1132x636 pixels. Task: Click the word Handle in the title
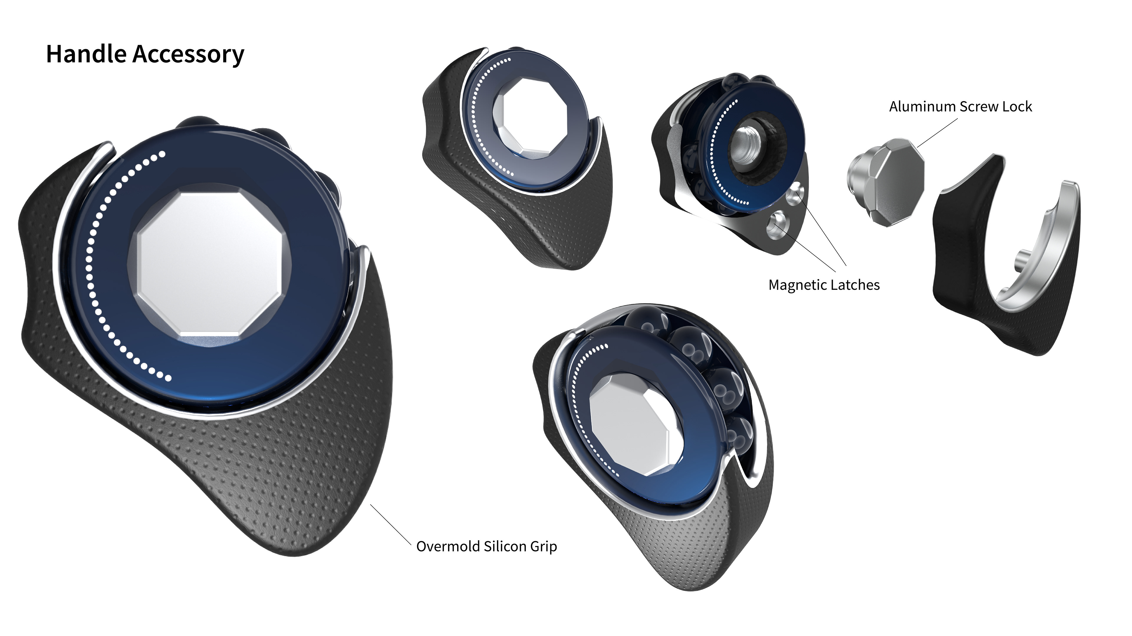tap(86, 54)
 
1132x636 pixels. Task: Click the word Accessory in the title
tap(188, 55)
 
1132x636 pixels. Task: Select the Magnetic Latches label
tap(824, 285)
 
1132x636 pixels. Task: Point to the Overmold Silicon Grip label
tap(486, 546)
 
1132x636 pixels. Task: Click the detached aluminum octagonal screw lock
tap(886, 181)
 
